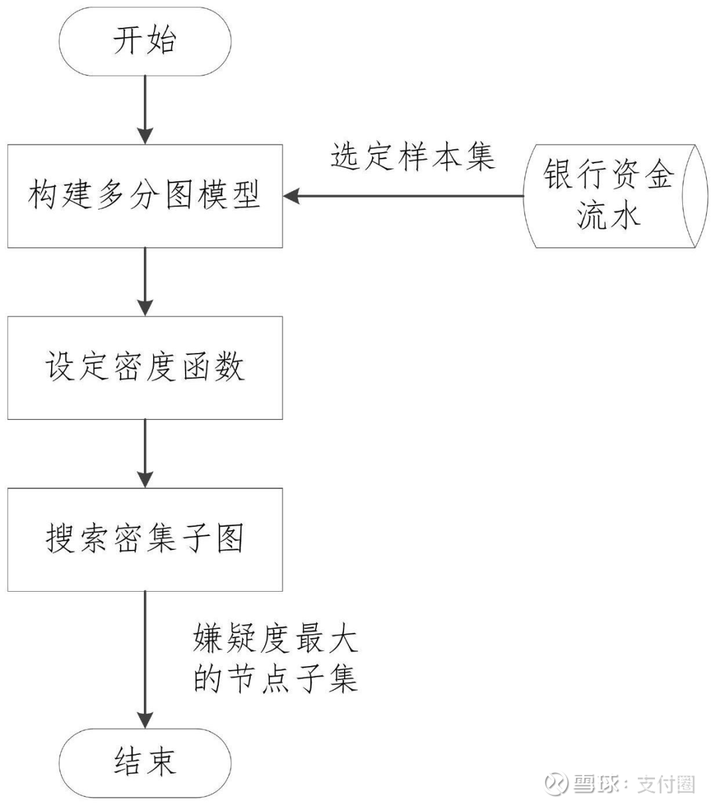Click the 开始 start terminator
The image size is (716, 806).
(145, 42)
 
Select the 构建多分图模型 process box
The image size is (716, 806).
(145, 196)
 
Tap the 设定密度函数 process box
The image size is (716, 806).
(145, 368)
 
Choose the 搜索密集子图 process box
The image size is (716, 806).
(145, 539)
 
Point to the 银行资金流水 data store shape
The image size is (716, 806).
(609, 196)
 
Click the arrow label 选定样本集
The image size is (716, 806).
(412, 157)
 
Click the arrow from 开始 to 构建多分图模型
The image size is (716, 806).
(145, 109)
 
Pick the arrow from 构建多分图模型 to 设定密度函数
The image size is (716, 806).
(145, 281)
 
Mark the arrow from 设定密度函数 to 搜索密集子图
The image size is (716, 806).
(145, 453)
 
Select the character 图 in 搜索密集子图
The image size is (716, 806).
(229, 539)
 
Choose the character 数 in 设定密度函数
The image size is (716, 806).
(229, 368)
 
